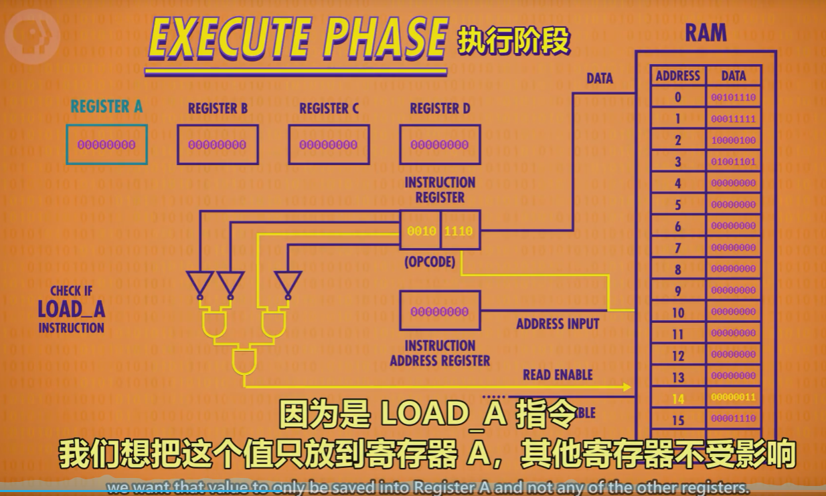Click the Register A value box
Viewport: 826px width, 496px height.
[x=106, y=144]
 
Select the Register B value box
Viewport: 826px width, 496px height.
[x=218, y=144]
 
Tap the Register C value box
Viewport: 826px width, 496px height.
[x=329, y=144]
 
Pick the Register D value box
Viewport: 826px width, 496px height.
[x=440, y=144]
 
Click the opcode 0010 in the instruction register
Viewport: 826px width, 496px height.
[x=421, y=231]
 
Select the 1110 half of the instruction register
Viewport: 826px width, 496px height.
[x=459, y=231]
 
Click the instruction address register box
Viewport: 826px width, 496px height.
[x=440, y=311]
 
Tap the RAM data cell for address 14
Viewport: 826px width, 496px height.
[x=733, y=397]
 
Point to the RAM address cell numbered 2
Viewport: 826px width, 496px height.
[x=678, y=140]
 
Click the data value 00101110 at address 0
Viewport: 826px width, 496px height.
[x=733, y=98]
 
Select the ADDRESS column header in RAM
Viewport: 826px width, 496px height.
[x=678, y=76]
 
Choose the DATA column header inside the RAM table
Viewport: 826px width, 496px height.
[x=733, y=76]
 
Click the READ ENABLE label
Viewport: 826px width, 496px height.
[x=558, y=375]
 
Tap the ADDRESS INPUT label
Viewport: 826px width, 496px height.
[x=558, y=324]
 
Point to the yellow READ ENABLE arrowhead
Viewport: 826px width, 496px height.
[x=627, y=387]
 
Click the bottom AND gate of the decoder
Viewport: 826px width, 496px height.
[x=243, y=362]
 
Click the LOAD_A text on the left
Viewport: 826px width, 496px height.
[x=71, y=309]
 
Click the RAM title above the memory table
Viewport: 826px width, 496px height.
[x=706, y=33]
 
